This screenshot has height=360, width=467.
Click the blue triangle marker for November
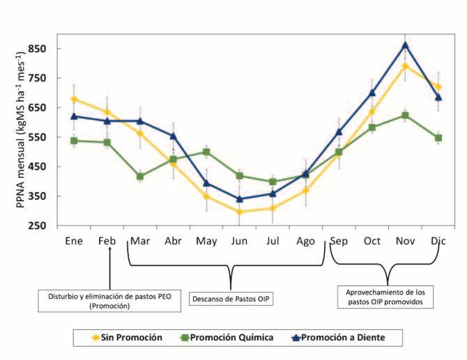point(405,45)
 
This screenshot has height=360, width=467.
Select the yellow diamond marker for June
point(239,212)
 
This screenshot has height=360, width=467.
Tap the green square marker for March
point(140,176)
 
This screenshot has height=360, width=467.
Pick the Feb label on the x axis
point(107,241)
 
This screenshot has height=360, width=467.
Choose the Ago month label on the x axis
point(305,241)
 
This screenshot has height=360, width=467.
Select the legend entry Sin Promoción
point(125,338)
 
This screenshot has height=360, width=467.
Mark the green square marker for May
point(206,152)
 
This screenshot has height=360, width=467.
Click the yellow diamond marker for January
point(74,99)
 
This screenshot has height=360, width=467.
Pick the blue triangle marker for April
point(173,136)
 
